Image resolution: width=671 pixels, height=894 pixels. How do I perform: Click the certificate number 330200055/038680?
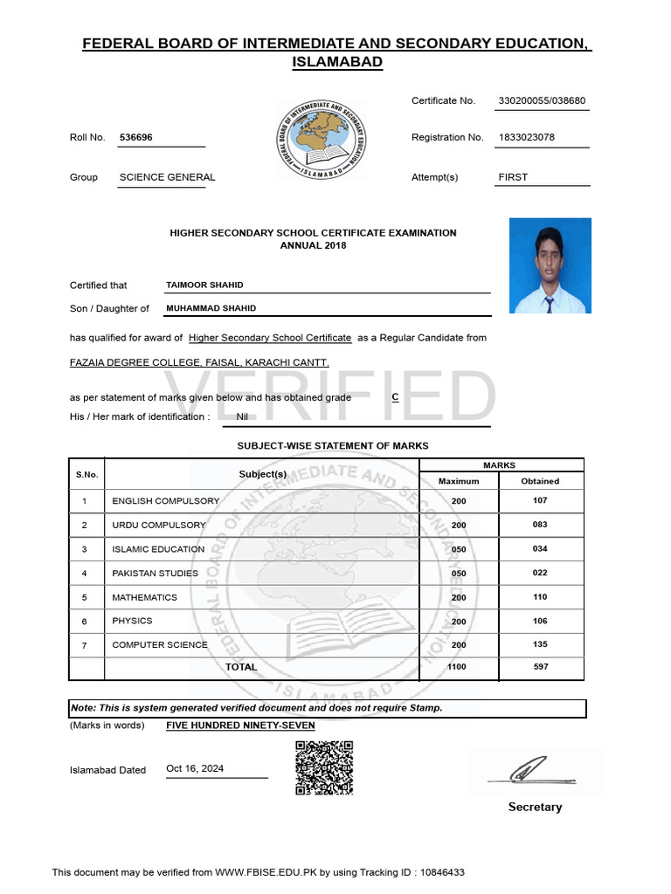(541, 101)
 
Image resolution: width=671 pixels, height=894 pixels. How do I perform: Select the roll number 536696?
(135, 138)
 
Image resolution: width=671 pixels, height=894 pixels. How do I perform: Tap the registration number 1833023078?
(526, 138)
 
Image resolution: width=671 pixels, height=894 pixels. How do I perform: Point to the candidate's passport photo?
(550, 265)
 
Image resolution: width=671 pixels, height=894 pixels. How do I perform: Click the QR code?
(324, 767)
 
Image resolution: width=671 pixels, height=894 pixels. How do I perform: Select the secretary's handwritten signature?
(534, 770)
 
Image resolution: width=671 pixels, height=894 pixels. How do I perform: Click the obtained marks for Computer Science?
(540, 644)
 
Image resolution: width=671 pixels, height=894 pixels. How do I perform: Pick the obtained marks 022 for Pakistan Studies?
(540, 573)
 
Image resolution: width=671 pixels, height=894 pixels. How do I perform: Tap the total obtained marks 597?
(540, 667)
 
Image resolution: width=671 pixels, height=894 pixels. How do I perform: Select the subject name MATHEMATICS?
(144, 597)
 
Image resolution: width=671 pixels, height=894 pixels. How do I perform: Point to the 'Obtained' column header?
(540, 481)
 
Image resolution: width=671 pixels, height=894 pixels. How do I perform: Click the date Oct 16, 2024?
(195, 768)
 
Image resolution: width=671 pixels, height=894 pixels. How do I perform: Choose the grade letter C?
(395, 396)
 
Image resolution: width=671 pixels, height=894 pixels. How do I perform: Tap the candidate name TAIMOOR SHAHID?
(204, 285)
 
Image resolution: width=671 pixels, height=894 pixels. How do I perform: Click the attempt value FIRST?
(513, 177)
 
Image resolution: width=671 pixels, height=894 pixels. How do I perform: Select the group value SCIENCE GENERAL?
(167, 177)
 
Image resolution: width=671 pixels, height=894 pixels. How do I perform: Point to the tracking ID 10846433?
(443, 872)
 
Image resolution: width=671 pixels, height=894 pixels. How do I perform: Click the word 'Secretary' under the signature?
(535, 808)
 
